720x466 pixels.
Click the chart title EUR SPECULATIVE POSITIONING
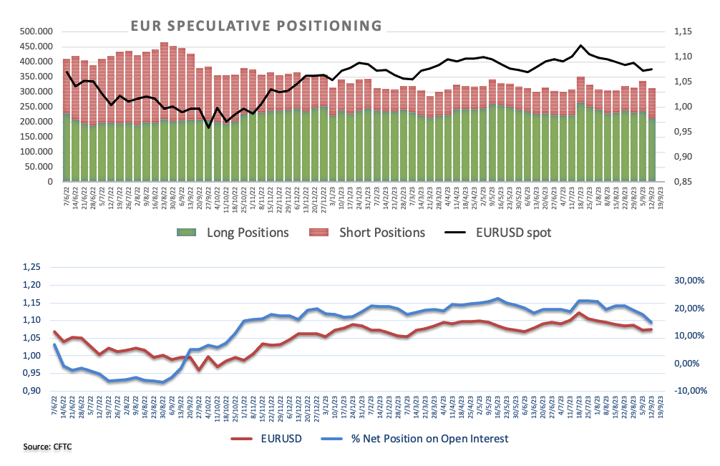(256, 26)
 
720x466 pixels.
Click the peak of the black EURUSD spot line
(580, 45)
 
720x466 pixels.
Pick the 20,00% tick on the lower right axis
(688, 309)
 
